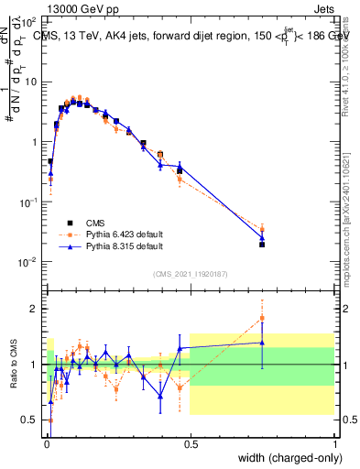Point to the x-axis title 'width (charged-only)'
pos(283,459)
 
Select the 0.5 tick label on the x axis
pos(190,444)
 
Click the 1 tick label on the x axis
pos(335,444)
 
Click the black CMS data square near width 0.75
pos(262,245)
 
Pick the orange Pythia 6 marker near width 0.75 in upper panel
pos(262,229)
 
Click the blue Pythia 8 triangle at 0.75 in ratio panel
pos(262,343)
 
